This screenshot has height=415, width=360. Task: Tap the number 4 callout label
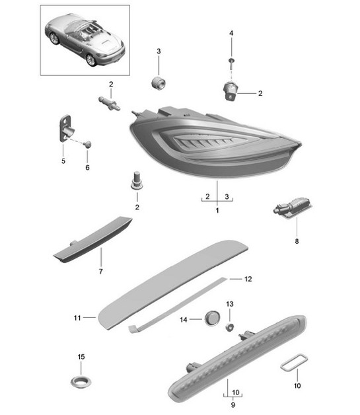click(231, 32)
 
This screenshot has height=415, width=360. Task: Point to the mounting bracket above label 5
click(66, 127)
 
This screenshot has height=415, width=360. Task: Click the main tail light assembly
click(211, 142)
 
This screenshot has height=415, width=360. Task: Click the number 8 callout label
click(297, 241)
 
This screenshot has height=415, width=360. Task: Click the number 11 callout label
click(77, 318)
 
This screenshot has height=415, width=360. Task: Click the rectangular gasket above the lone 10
click(291, 365)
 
